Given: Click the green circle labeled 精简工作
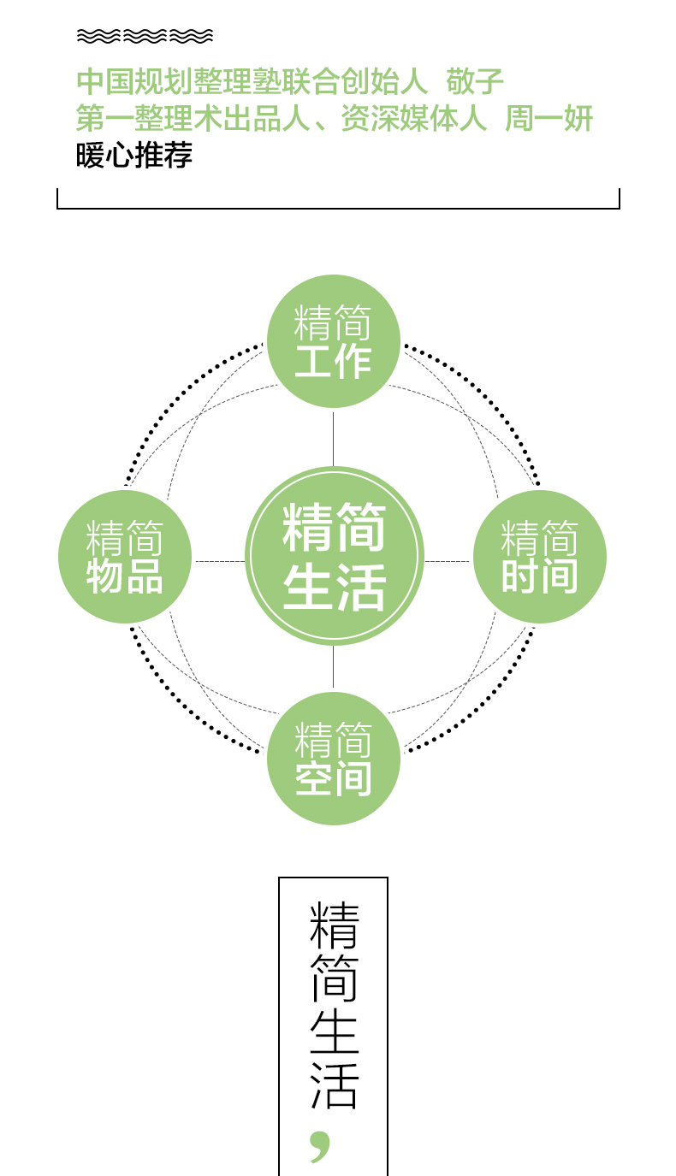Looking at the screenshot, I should [334, 341].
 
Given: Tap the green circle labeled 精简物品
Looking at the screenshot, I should [125, 557].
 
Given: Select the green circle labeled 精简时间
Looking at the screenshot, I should [540, 557].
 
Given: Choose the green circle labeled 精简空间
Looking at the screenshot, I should [334, 758].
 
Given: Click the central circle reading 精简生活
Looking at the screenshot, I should [335, 556].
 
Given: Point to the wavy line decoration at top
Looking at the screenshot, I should [145, 36].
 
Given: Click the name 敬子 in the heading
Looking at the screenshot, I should [475, 82].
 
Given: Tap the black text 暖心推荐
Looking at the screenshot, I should [134, 155].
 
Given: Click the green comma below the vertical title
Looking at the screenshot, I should [320, 1145].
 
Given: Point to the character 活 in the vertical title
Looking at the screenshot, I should [334, 1085].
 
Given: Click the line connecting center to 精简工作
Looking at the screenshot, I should [334, 439].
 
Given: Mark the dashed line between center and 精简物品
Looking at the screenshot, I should [220, 561].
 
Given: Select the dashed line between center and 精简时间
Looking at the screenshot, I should [447, 561].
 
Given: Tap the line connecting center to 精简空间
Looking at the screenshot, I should [334, 667].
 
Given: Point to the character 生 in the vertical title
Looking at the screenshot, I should [334, 1032].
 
